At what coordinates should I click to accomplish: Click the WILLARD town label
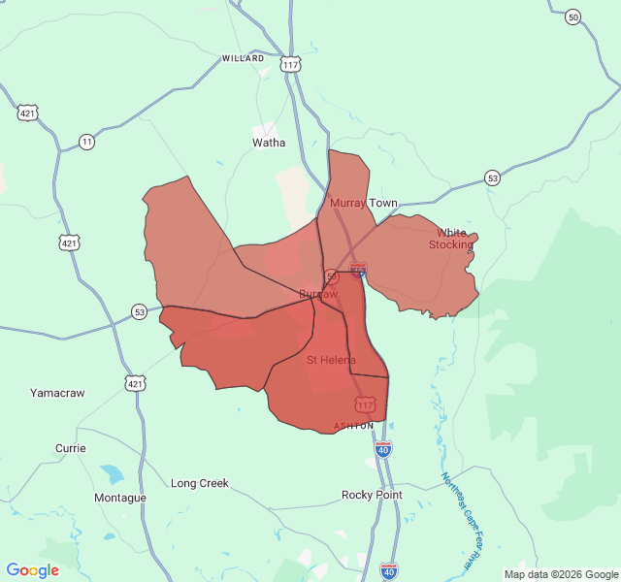[243, 58]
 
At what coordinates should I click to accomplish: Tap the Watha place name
[269, 143]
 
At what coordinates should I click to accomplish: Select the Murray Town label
[364, 203]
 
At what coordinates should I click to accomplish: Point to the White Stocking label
[451, 239]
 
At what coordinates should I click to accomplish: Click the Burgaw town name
[318, 293]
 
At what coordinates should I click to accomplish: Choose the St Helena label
[331, 360]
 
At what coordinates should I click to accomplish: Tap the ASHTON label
[353, 426]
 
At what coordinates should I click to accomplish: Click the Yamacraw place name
[57, 393]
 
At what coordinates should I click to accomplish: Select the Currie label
[70, 448]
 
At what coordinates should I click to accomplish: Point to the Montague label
[119, 498]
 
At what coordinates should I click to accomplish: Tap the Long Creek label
[200, 483]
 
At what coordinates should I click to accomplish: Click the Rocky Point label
[372, 495]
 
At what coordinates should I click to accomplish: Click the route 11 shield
[87, 142]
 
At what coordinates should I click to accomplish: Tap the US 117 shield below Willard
[290, 64]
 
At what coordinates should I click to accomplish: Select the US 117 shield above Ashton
[364, 404]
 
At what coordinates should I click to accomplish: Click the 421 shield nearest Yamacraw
[134, 383]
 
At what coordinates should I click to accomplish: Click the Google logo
[33, 570]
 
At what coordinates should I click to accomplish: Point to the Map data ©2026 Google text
[560, 573]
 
